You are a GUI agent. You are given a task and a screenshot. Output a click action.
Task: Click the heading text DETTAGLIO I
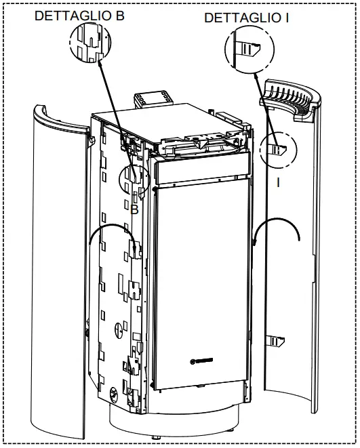246,18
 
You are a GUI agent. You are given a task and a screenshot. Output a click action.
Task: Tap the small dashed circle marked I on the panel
279,150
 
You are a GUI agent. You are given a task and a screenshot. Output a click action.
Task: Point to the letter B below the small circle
134,210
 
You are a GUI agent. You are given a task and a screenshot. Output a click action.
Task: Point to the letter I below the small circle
278,182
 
